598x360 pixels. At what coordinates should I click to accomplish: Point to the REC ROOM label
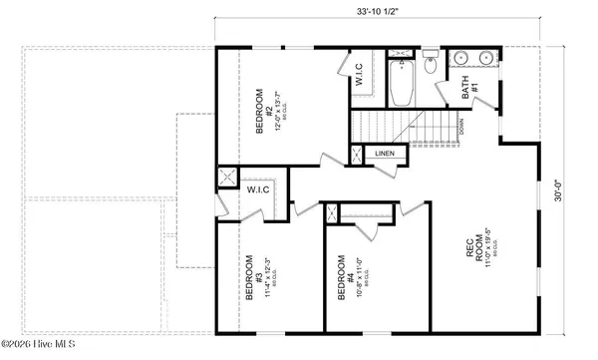pos(476,247)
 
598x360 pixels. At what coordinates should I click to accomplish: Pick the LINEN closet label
pos(384,154)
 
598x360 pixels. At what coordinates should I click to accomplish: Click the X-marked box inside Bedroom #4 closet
pos(332,212)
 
